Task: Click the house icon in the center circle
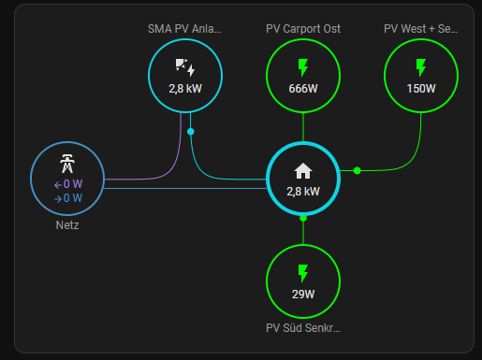coord(303,171)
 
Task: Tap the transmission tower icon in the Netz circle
coord(67,164)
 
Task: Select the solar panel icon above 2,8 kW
coord(185,67)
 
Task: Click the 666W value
coord(303,89)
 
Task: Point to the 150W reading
coord(421,89)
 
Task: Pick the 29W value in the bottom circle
coord(303,295)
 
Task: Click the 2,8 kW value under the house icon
coord(303,192)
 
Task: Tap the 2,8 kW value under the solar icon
coord(185,89)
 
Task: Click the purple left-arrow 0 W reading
coord(68,184)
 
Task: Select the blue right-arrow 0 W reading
coord(68,198)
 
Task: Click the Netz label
coord(67,225)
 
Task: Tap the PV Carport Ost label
coord(303,29)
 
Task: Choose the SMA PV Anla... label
coord(184,29)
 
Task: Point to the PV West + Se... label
coord(421,29)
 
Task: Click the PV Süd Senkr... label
coord(303,328)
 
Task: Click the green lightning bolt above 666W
coord(303,67)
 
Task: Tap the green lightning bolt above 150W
coord(421,67)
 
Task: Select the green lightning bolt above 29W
coord(303,273)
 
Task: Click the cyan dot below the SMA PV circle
coord(191,132)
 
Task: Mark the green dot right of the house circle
coord(358,170)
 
